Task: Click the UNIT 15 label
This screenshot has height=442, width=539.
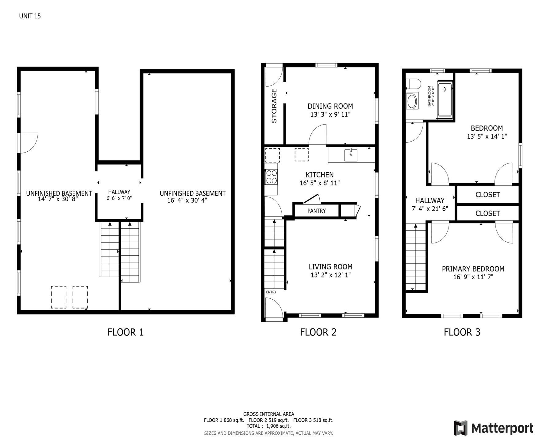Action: coord(30,16)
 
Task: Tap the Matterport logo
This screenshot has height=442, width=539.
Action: coord(494,428)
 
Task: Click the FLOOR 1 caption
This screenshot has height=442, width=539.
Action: coord(125,332)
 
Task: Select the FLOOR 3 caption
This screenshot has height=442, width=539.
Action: coord(462,332)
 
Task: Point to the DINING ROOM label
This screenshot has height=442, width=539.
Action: coord(330,106)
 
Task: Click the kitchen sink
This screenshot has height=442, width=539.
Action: coord(351,155)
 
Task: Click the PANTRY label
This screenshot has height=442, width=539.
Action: coord(317,211)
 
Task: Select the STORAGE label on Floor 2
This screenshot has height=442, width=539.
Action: coord(274,106)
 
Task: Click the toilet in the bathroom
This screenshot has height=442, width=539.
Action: coord(413,84)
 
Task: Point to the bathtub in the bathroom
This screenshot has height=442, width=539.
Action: coord(445,100)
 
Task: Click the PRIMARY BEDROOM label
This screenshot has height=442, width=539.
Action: coord(473,269)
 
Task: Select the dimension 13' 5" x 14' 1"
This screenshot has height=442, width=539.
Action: coord(487,137)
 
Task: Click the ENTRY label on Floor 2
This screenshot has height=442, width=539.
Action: coord(271,292)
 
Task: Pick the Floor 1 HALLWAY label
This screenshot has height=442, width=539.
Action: coord(119,192)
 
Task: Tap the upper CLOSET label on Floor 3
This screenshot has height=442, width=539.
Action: coord(488,195)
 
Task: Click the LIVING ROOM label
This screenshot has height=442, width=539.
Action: coord(330,267)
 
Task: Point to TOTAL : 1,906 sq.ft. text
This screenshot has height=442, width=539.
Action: coord(268,426)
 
